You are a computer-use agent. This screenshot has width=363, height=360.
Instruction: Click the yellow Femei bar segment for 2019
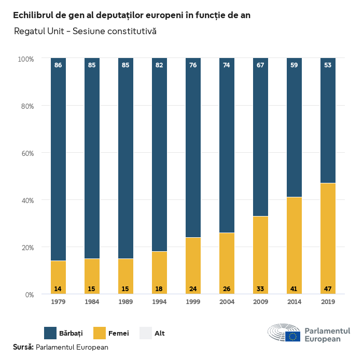[x=328, y=238]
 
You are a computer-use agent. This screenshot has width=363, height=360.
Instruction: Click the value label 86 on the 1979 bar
[x=58, y=65]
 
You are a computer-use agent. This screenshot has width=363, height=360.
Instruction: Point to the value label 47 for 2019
[x=328, y=288]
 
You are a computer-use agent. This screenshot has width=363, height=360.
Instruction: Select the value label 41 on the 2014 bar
[x=294, y=288]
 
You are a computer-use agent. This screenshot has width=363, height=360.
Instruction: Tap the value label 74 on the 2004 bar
[x=227, y=65]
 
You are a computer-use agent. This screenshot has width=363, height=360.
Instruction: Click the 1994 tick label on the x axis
[x=159, y=301]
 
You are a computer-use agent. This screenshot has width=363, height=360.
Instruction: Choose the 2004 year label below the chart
[x=227, y=301]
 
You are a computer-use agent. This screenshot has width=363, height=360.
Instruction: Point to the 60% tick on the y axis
[x=26, y=153]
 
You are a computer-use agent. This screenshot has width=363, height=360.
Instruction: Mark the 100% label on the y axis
[x=25, y=59]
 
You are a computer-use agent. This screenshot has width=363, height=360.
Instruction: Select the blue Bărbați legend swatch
[x=50, y=333]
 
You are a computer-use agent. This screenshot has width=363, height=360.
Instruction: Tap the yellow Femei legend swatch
[x=99, y=333]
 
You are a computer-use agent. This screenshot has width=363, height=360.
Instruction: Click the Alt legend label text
[x=160, y=333]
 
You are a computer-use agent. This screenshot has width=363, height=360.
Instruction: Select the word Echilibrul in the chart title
[x=35, y=15]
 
